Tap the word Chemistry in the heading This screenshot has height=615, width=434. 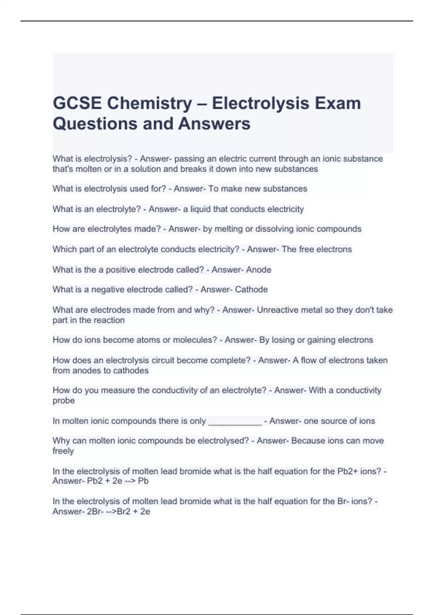pyautogui.click(x=149, y=103)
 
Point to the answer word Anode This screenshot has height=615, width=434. pyautogui.click(x=259, y=270)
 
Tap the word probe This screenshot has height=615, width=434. pyautogui.click(x=64, y=400)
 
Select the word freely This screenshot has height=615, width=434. pyautogui.click(x=63, y=451)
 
